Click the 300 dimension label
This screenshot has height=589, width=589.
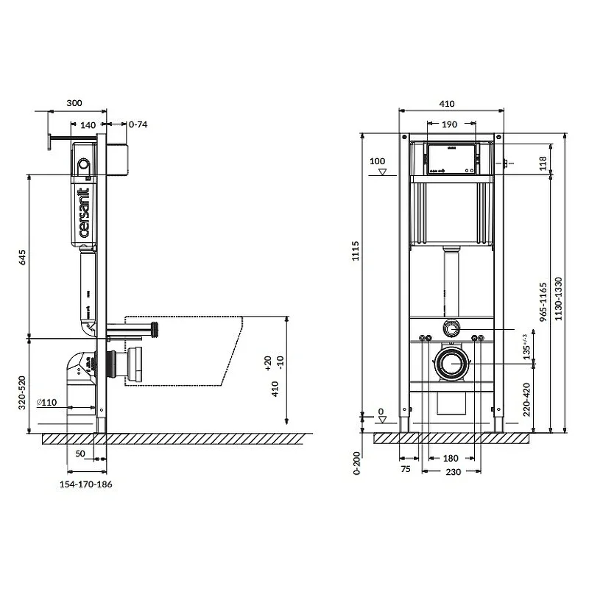(74, 103)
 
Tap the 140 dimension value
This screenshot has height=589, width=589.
(88, 125)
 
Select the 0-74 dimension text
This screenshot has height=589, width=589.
(138, 124)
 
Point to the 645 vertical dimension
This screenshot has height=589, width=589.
(23, 258)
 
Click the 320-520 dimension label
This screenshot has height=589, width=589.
(22, 392)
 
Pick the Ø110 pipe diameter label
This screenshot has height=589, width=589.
(46, 402)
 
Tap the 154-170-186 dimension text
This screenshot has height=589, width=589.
(85, 484)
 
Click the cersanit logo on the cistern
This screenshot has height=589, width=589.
(84, 213)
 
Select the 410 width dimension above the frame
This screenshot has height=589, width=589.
(447, 104)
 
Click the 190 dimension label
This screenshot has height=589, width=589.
(449, 124)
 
